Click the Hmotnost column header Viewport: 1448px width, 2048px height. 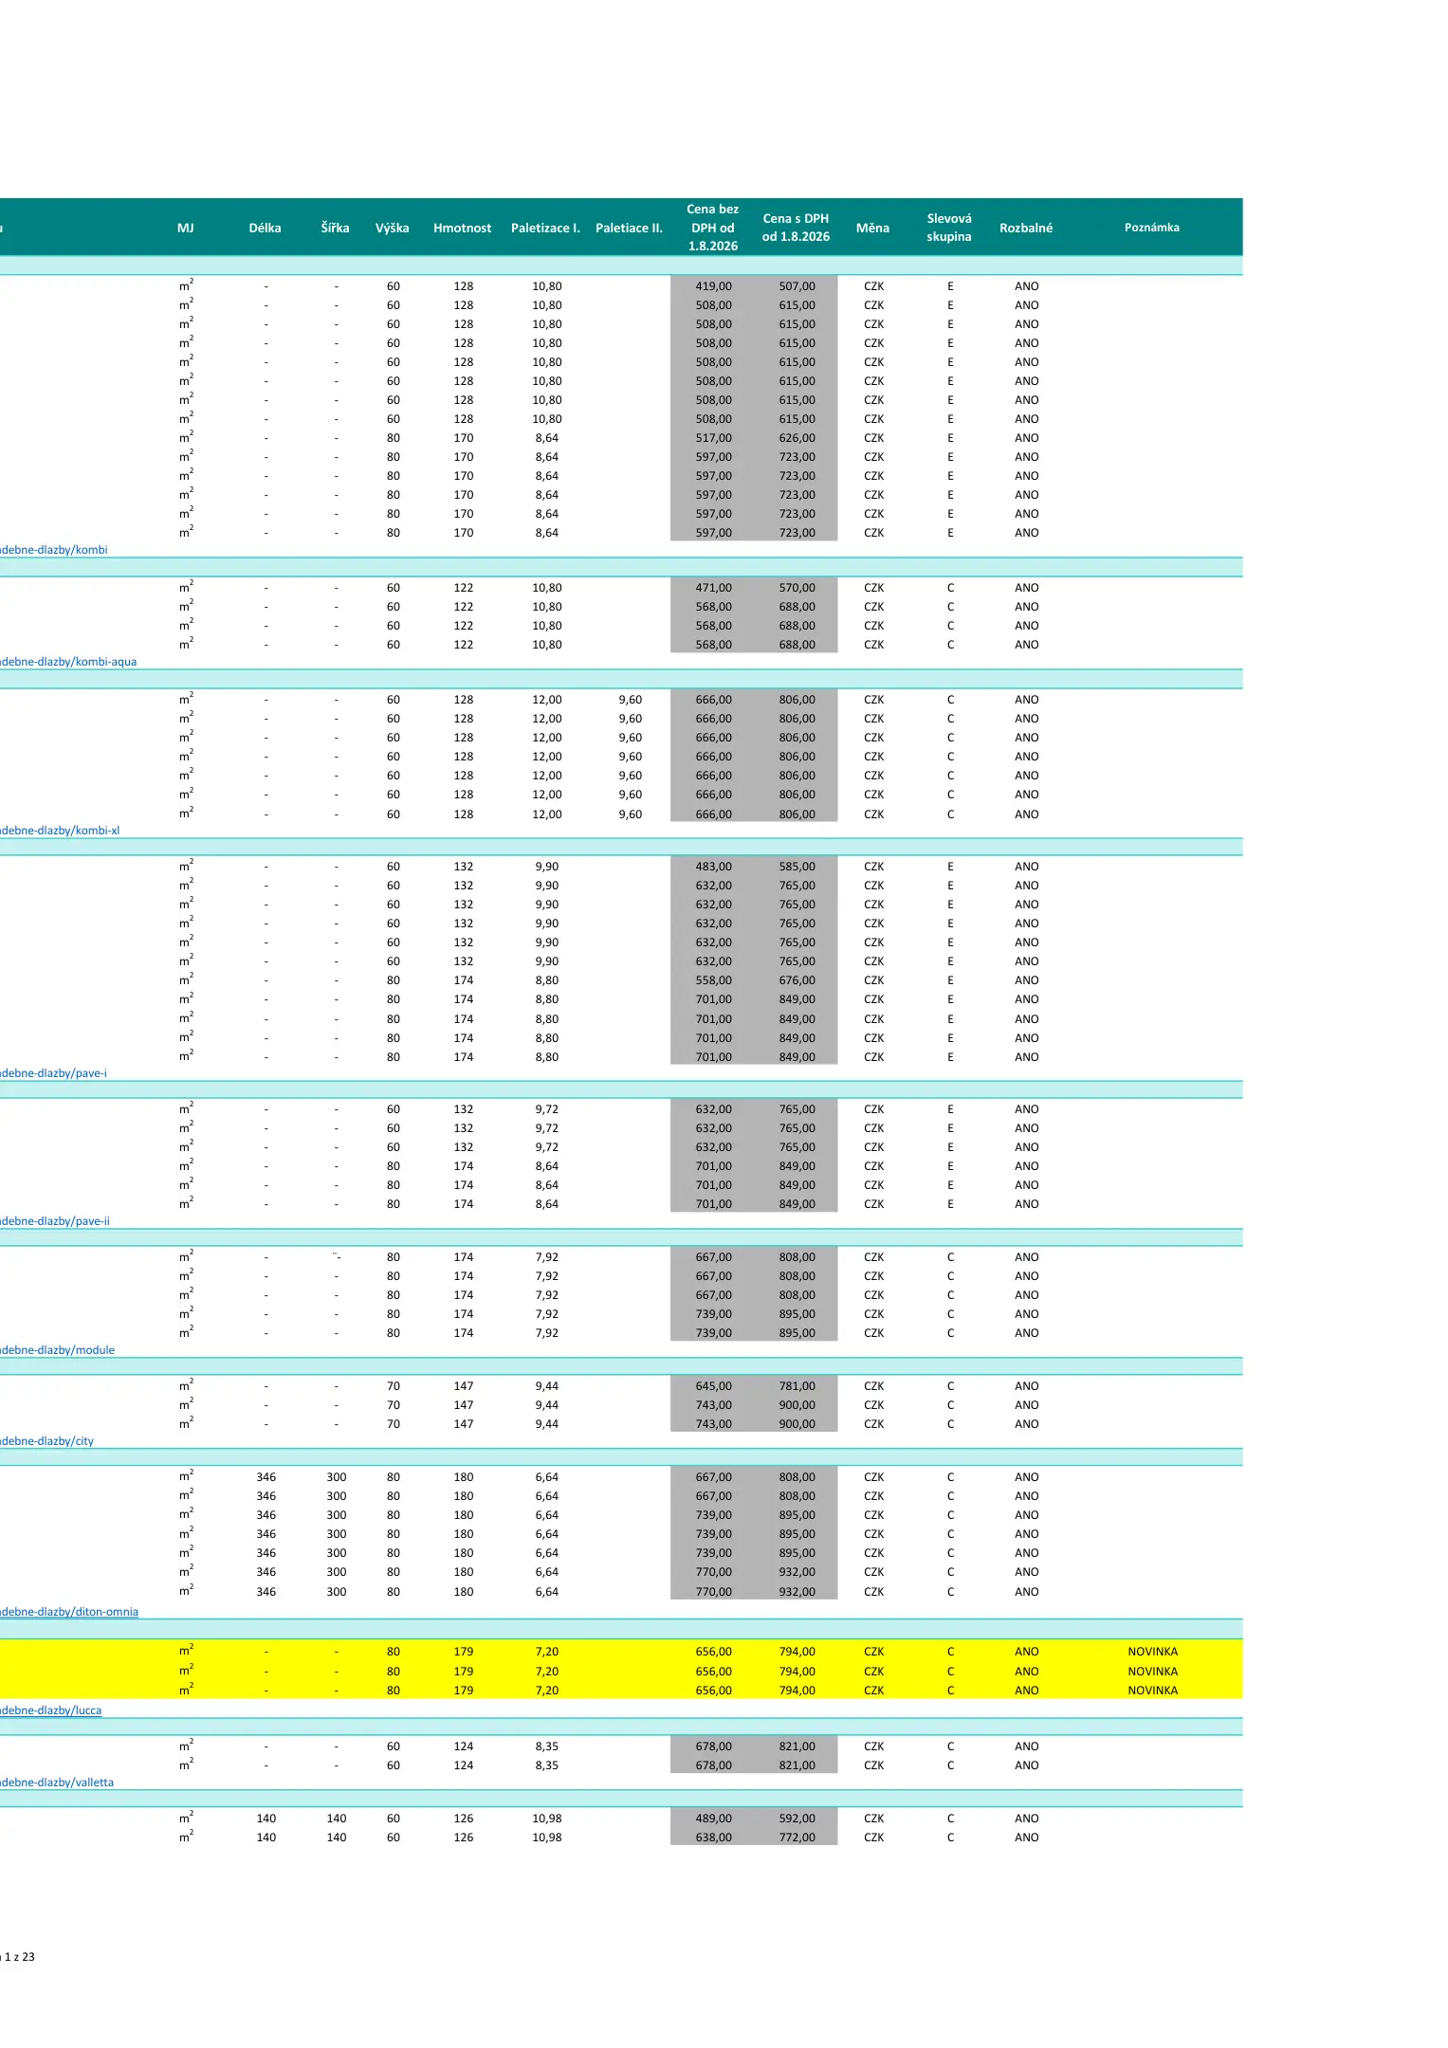[x=462, y=228]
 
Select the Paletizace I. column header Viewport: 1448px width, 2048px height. [x=545, y=228]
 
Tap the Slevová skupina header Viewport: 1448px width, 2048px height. [x=949, y=228]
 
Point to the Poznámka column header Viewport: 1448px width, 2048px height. [x=1152, y=228]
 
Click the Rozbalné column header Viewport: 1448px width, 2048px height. [x=1026, y=228]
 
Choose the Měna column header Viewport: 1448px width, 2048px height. [x=872, y=228]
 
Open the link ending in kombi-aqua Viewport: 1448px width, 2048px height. [x=68, y=662]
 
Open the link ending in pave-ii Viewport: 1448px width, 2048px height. [x=55, y=1221]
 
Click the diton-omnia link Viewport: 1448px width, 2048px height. [x=69, y=1612]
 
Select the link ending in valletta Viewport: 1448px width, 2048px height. [x=57, y=1783]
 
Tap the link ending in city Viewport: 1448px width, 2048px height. [x=47, y=1441]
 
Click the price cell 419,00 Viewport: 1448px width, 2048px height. [x=713, y=286]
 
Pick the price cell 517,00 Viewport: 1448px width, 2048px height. [x=713, y=438]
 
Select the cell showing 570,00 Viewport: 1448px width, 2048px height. [x=797, y=588]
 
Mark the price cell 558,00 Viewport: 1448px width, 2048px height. [x=713, y=980]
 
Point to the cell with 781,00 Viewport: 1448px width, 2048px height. [x=797, y=1386]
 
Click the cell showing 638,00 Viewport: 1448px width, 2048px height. [x=713, y=1838]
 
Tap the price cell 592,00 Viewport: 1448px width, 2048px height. [x=797, y=1819]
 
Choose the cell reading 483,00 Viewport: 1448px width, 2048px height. [x=713, y=867]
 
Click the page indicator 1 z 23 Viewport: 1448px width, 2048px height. [x=18, y=1957]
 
